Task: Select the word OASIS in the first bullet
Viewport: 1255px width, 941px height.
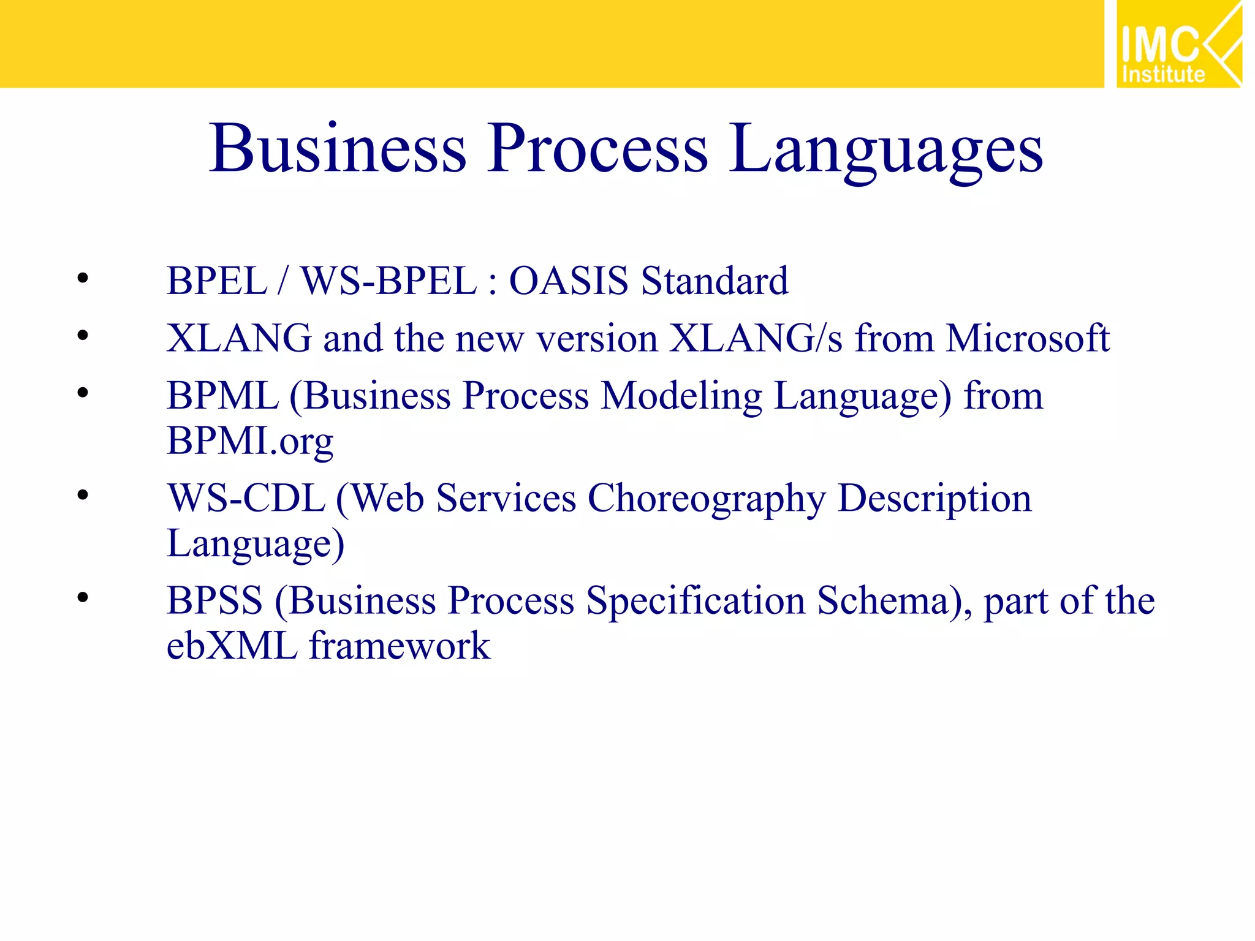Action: pos(569,281)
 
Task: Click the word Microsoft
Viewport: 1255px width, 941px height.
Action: pos(1027,338)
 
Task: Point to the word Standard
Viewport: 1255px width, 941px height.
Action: pos(715,281)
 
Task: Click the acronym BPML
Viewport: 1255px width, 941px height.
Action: pos(222,396)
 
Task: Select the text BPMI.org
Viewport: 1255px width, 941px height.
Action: pos(250,441)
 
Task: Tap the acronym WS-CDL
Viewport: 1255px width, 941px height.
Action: pos(246,498)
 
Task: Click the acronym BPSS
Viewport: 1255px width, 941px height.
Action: pos(214,600)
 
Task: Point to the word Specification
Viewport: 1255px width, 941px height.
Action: pos(696,602)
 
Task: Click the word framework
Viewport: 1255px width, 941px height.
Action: pos(400,646)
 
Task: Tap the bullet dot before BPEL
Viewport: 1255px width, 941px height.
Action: pos(83,279)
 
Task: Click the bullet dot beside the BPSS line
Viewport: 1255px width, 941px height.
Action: pos(83,597)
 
